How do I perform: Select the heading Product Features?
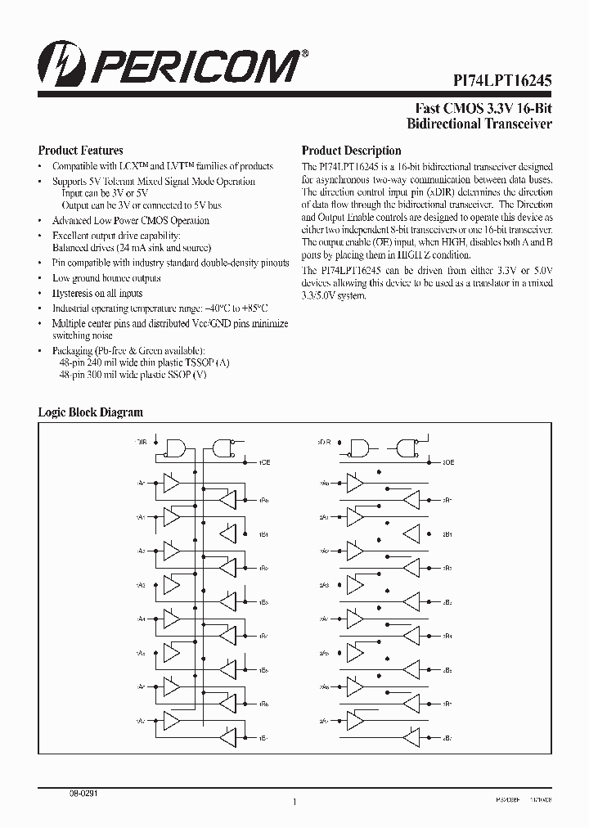81,151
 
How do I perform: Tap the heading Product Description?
351,151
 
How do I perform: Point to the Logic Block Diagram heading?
91,412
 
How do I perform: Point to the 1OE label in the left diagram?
264,462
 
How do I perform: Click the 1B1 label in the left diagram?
264,535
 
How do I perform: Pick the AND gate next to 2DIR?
359,448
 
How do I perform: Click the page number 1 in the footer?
294,803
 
